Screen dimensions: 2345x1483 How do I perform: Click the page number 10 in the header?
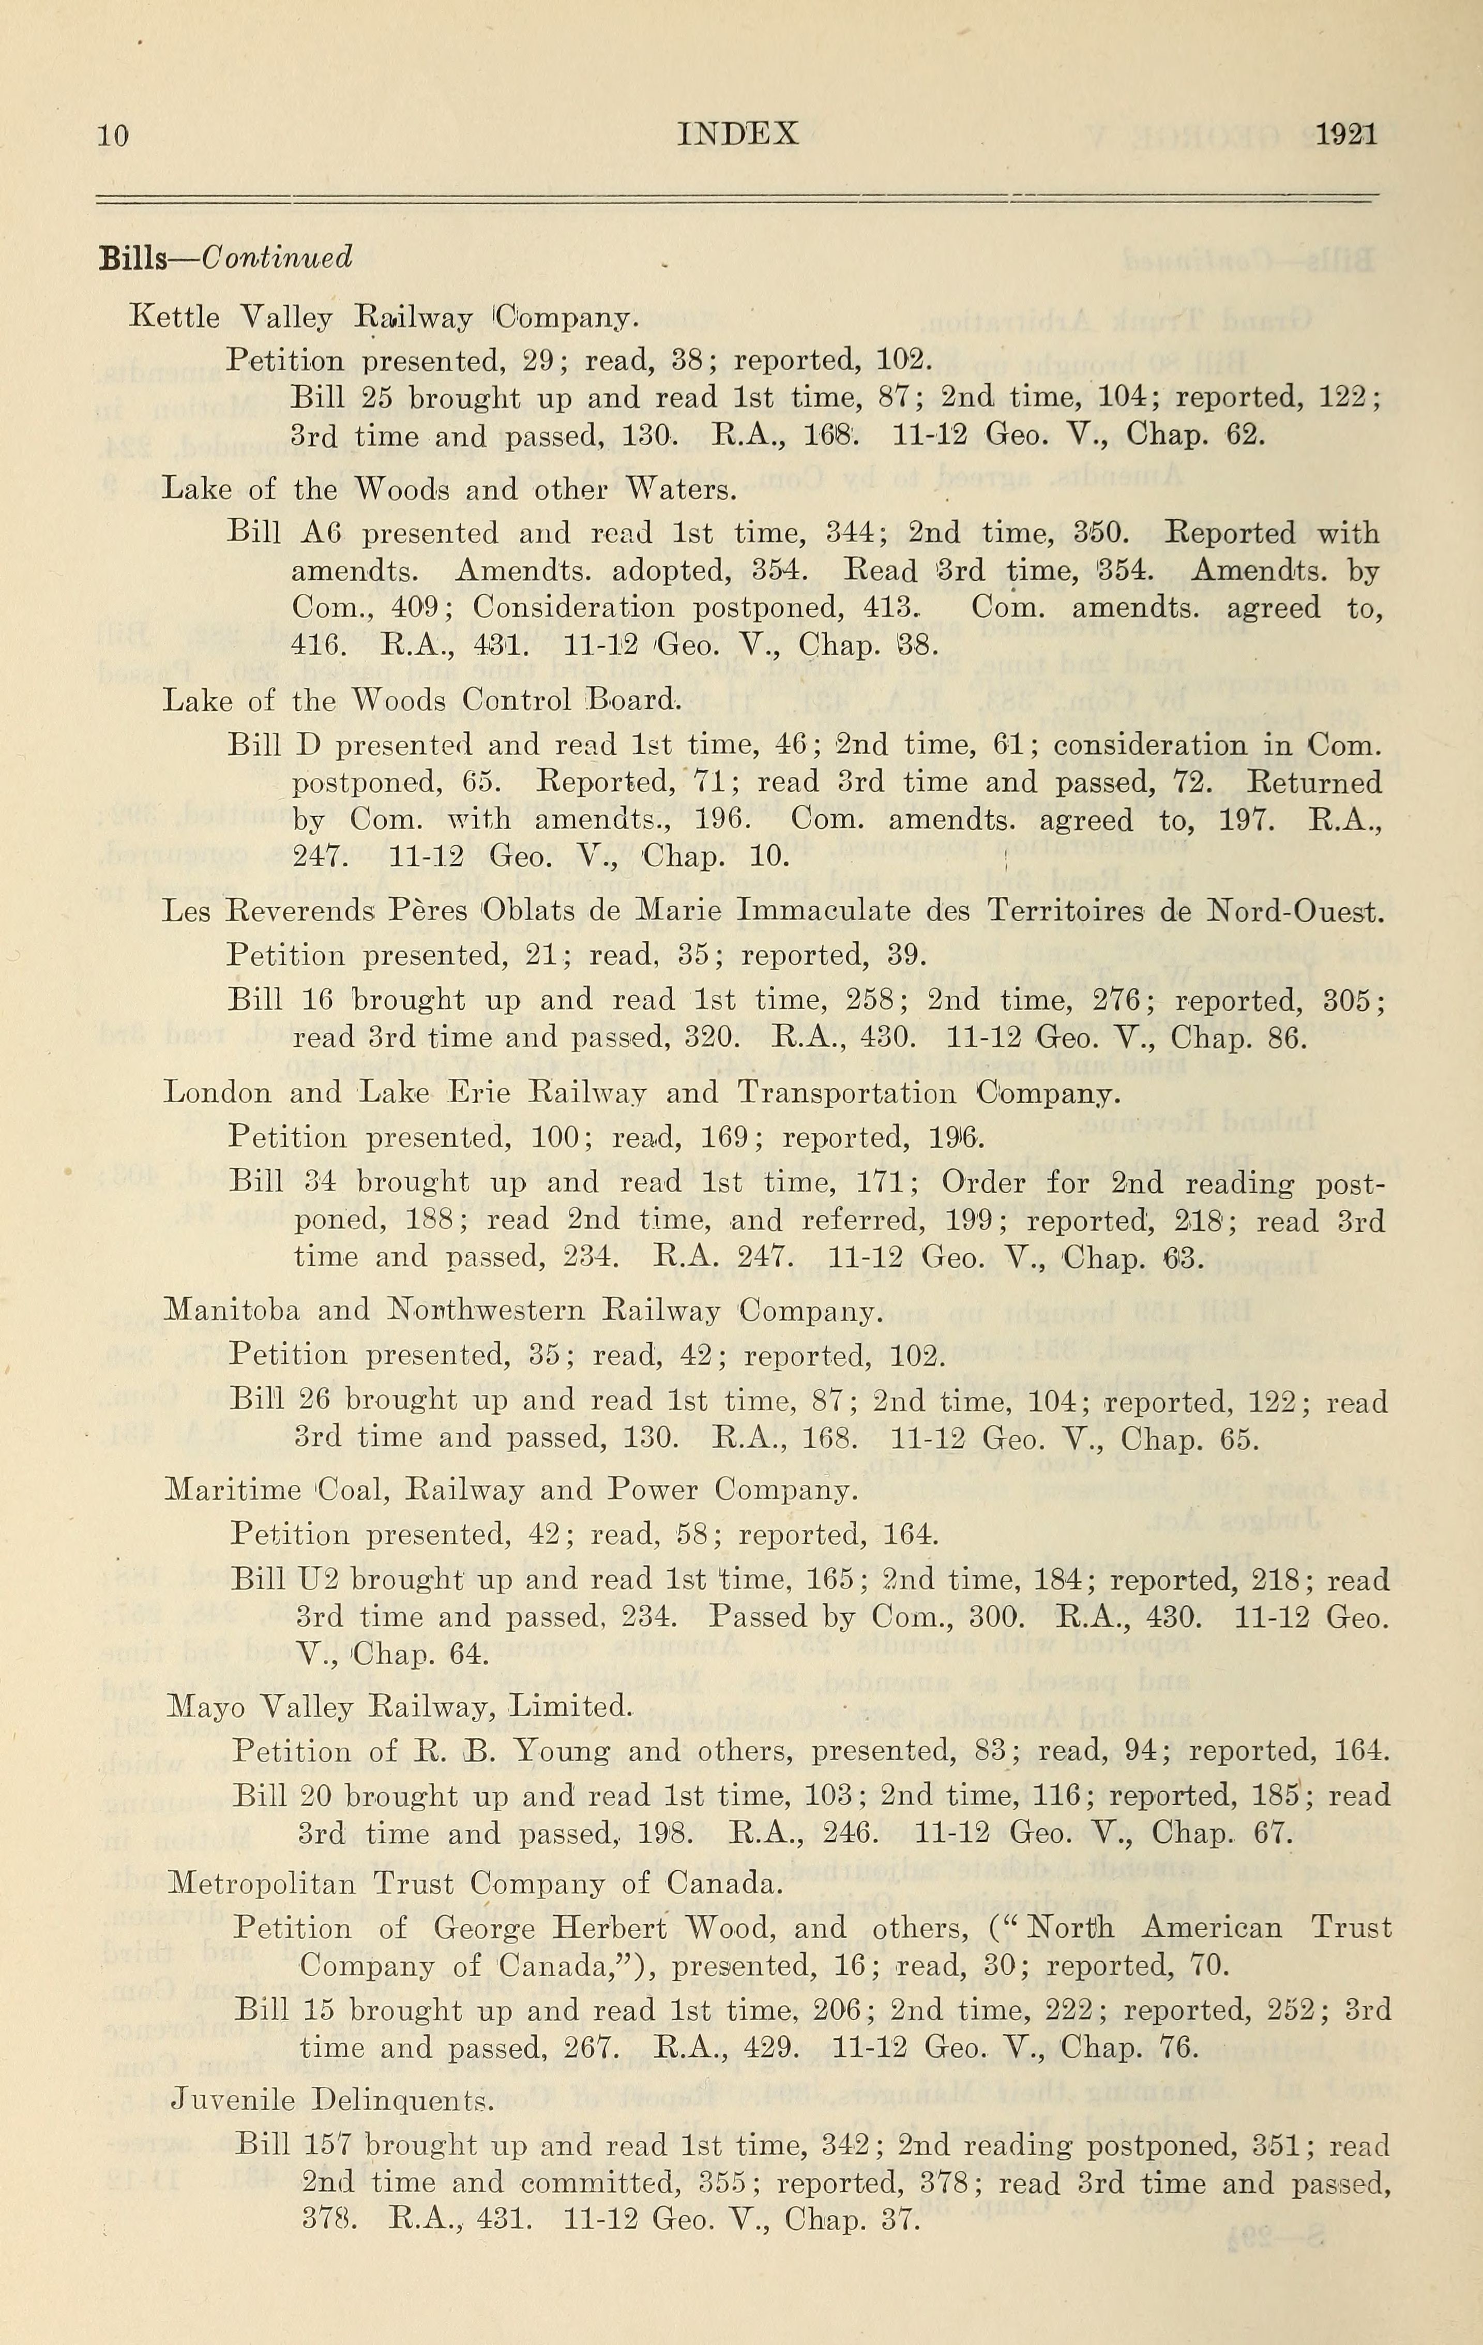coord(113,134)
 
